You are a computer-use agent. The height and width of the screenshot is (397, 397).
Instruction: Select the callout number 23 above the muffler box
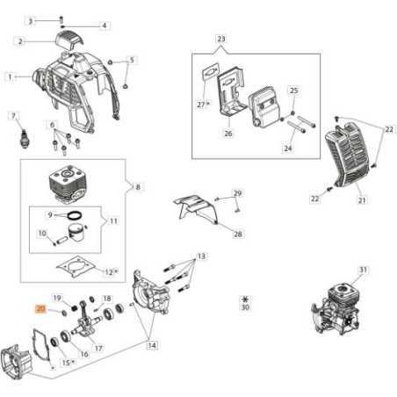pyautogui.click(x=220, y=40)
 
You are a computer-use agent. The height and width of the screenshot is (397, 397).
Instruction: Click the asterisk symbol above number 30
pyautogui.click(x=244, y=300)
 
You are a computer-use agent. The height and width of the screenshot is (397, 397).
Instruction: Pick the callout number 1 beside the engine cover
pyautogui.click(x=11, y=76)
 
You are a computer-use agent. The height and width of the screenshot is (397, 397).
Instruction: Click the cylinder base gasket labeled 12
pyautogui.click(x=84, y=264)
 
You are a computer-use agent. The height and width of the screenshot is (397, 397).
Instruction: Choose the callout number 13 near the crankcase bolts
pyautogui.click(x=201, y=256)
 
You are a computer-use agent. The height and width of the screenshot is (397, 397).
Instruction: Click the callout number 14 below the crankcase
pyautogui.click(x=152, y=345)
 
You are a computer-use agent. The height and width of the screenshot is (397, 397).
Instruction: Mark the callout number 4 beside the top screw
pyautogui.click(x=105, y=25)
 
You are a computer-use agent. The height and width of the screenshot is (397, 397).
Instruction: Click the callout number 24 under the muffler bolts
pyautogui.click(x=286, y=148)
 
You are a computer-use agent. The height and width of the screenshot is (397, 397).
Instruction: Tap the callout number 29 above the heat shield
pyautogui.click(x=236, y=192)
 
